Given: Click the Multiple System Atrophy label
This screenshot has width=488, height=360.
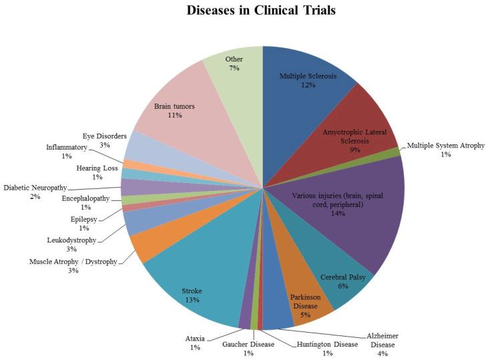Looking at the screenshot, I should (446, 150).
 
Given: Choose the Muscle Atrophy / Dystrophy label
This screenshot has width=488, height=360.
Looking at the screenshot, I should (73, 266).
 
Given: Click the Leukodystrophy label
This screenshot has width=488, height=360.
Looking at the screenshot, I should (73, 244).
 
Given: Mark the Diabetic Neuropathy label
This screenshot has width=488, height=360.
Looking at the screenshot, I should (35, 192).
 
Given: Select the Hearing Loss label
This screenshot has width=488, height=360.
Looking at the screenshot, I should (97, 172).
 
